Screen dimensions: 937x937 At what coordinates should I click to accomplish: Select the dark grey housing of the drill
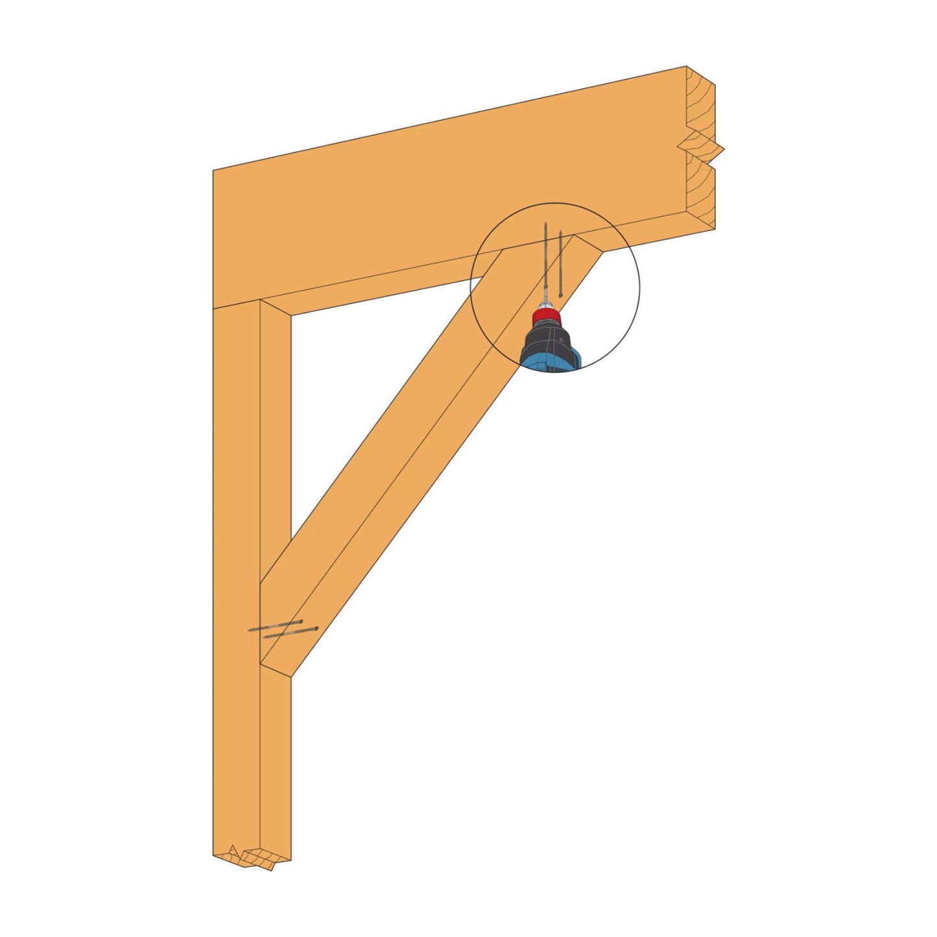(548, 340)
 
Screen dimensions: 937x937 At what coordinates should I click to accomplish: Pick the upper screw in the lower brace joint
(276, 626)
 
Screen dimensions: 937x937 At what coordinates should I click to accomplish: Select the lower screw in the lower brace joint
(292, 632)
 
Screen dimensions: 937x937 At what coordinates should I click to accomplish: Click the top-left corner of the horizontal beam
(214, 171)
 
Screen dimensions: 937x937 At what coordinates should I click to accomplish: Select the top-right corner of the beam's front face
(686, 67)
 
